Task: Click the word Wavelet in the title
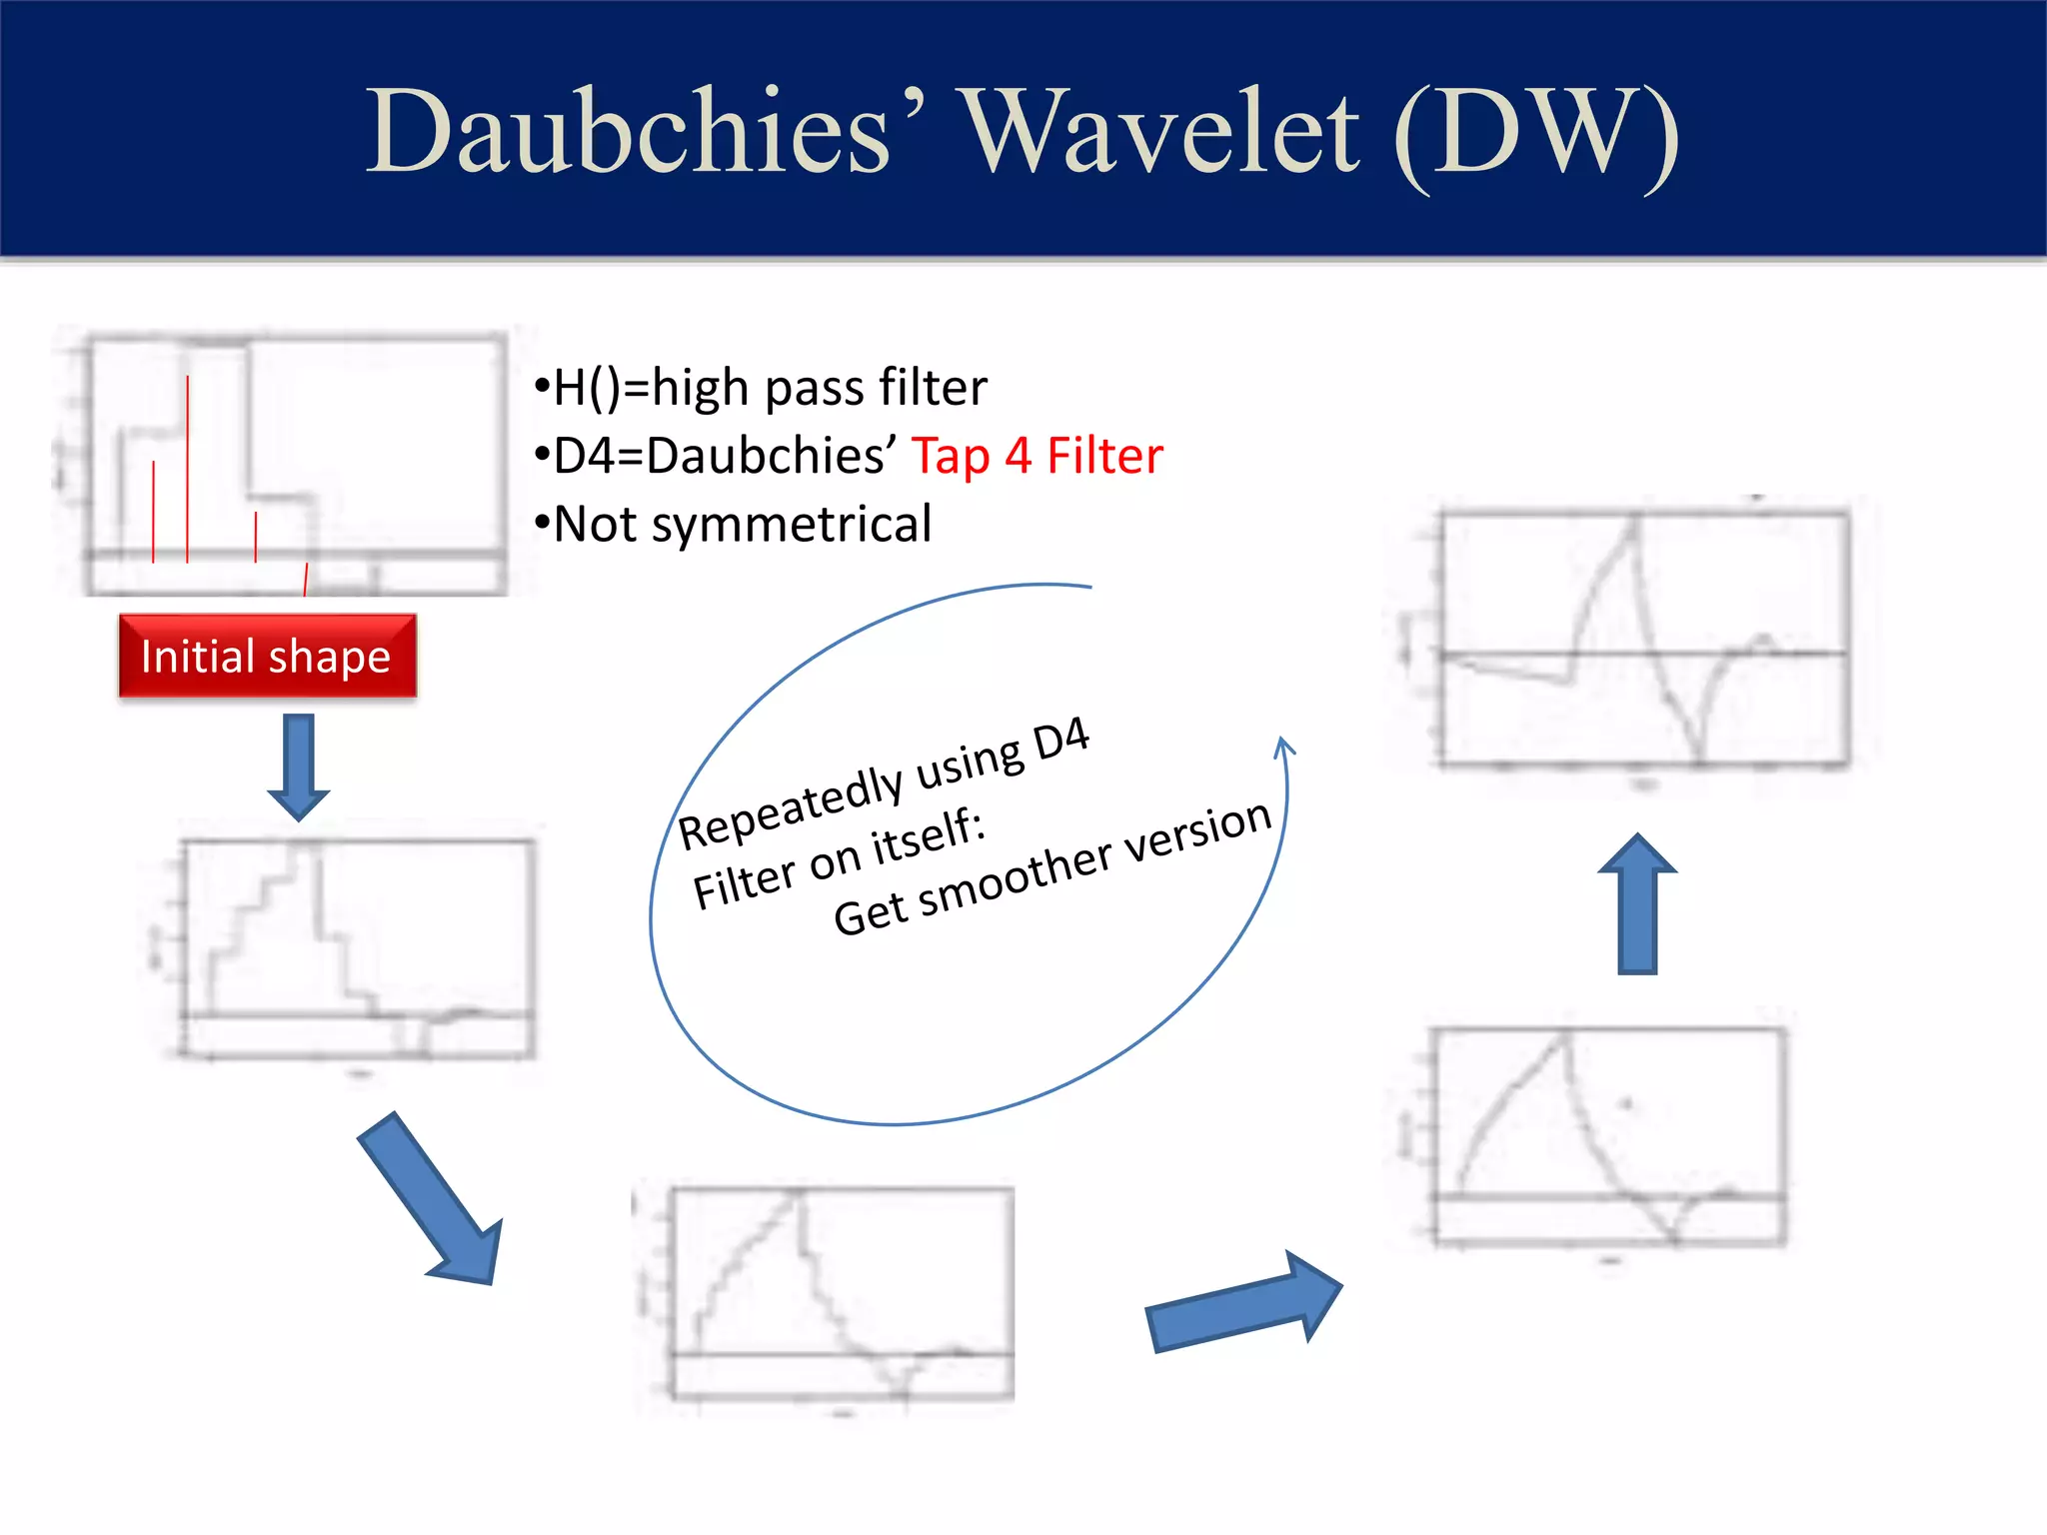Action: (x=1159, y=132)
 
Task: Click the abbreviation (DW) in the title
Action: (x=1535, y=134)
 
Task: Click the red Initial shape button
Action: (x=267, y=657)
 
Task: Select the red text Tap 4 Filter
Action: (x=1036, y=456)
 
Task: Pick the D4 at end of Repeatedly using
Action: (x=1060, y=740)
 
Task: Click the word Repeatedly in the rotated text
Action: (x=790, y=805)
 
